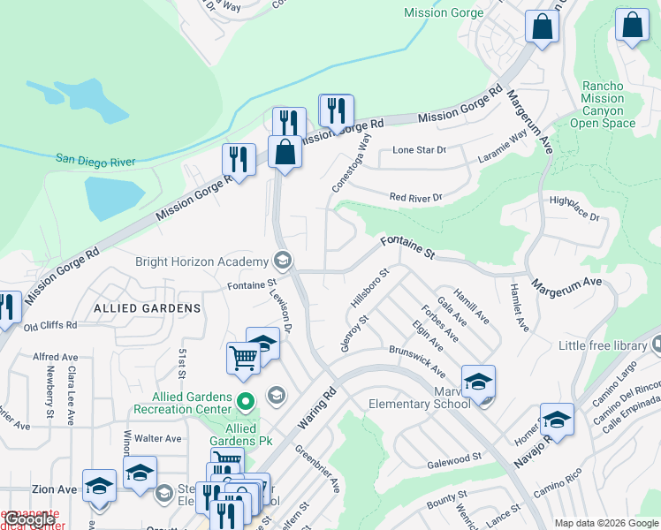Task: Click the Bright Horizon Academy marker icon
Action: [x=283, y=261]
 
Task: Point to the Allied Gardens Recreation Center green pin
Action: [x=245, y=402]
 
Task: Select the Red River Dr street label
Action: [x=414, y=197]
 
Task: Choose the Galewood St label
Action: [x=453, y=457]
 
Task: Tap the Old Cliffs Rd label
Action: [x=50, y=325]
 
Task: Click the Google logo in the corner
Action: [x=30, y=519]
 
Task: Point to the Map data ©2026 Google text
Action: [x=605, y=523]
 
